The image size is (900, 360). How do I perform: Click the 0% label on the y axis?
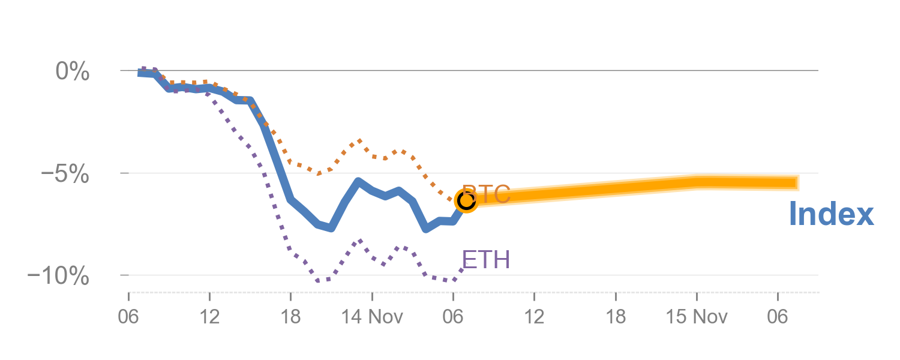pos(73,72)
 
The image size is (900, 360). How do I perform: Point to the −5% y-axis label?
pos(64,174)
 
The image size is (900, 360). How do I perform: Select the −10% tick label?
pos(59,277)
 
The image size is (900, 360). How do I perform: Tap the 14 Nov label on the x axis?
pos(372,316)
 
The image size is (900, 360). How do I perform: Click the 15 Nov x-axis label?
pos(697,316)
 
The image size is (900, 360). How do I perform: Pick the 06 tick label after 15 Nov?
pos(778,316)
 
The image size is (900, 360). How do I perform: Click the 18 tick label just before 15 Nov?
pos(616,316)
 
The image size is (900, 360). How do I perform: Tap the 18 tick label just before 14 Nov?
pos(290,316)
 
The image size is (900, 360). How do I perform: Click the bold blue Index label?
pos(831,214)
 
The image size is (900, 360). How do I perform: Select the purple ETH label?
pos(486,260)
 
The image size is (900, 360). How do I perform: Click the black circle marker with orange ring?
pos(466,201)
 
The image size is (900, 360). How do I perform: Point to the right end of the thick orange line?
pos(797,182)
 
